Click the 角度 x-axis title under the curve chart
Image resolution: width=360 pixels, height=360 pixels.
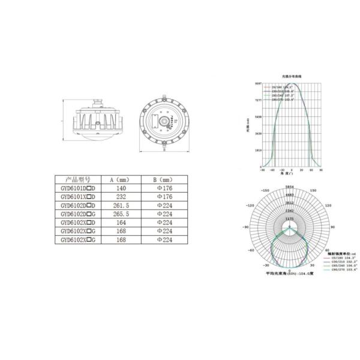point(290,175)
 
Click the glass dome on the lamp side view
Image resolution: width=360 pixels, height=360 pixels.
point(94,135)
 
